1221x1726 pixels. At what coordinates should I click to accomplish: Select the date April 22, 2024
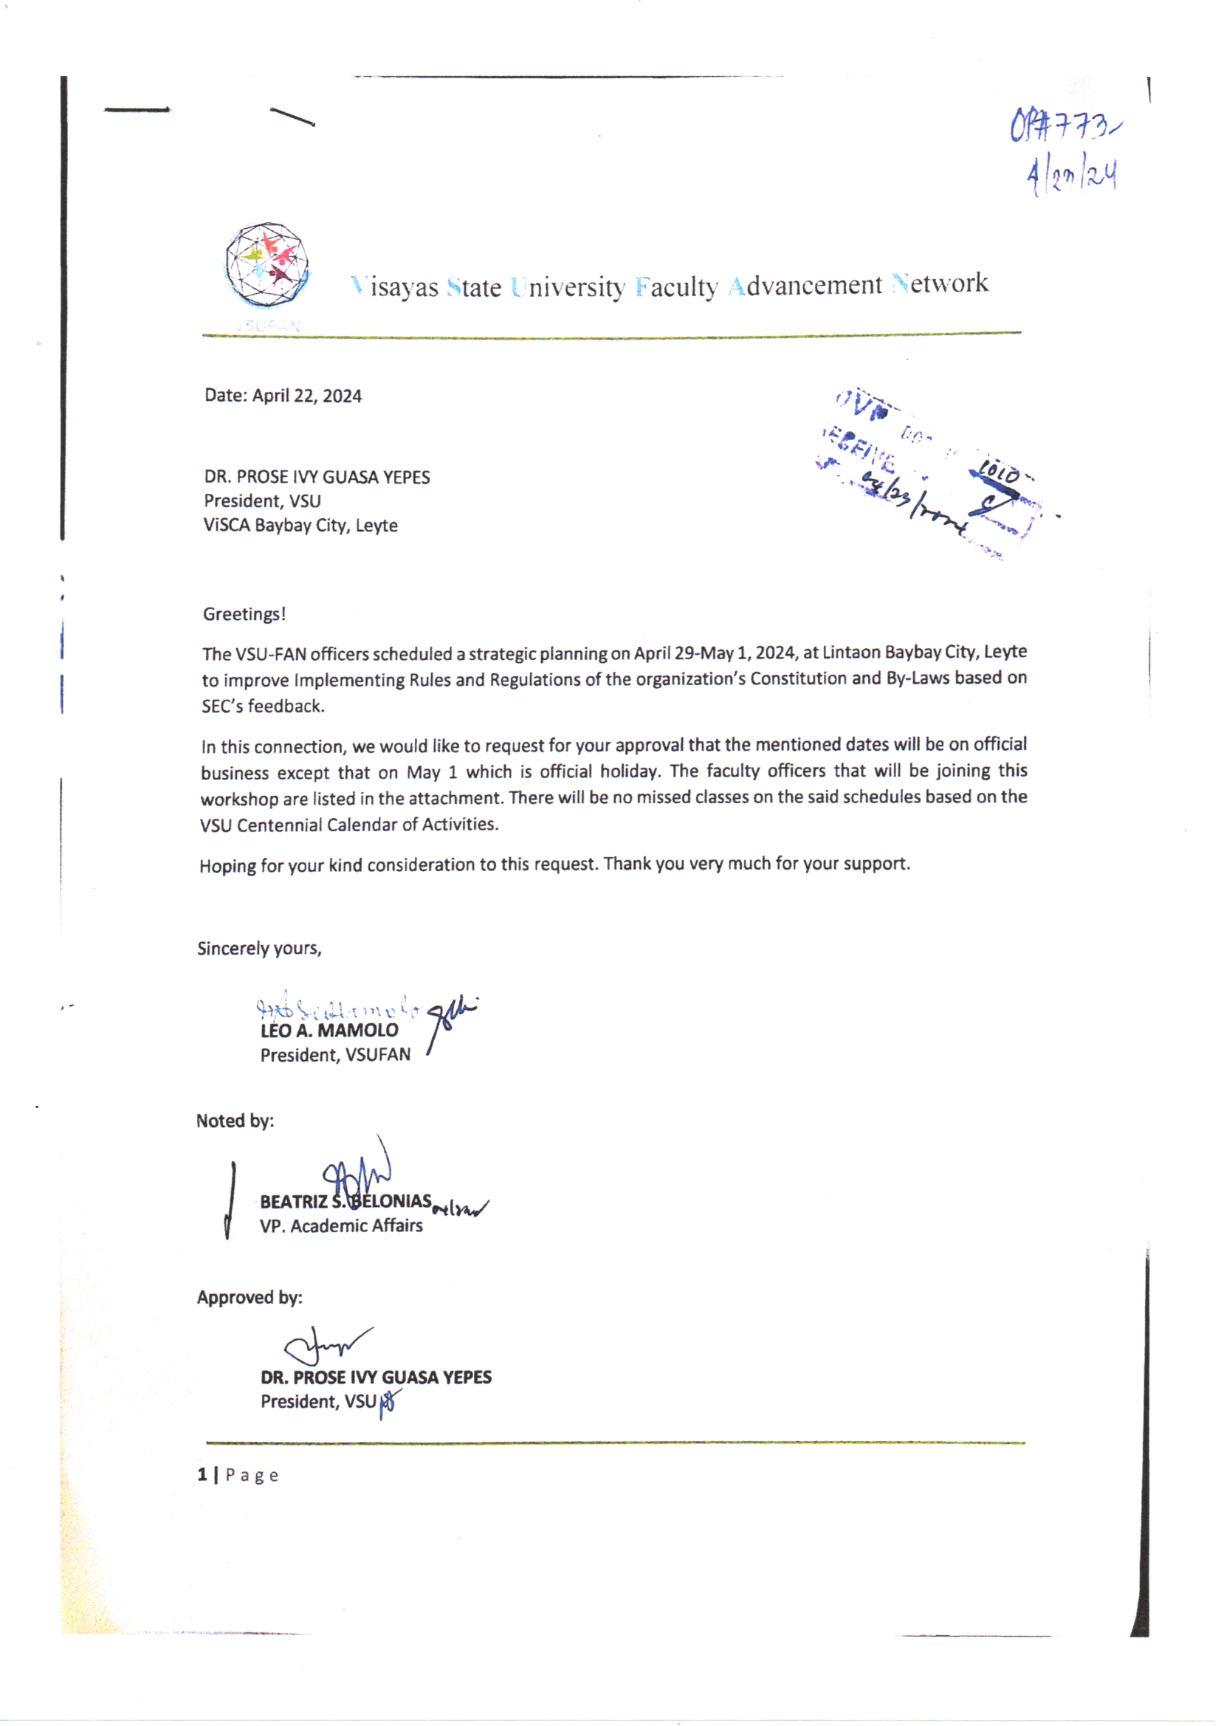pyautogui.click(x=307, y=396)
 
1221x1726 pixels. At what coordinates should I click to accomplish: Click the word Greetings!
pyautogui.click(x=244, y=614)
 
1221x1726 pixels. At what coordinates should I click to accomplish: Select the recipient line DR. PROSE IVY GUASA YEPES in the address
pyautogui.click(x=317, y=478)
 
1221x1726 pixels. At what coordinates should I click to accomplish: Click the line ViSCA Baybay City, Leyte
pyautogui.click(x=300, y=526)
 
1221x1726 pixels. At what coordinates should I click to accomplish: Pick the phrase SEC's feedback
pyautogui.click(x=263, y=706)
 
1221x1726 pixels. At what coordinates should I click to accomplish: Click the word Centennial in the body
pyautogui.click(x=280, y=825)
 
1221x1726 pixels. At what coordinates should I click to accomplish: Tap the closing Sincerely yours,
pyautogui.click(x=259, y=949)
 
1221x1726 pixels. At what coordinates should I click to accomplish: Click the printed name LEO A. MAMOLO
pyautogui.click(x=329, y=1031)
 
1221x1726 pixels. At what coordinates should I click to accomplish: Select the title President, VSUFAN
pyautogui.click(x=335, y=1056)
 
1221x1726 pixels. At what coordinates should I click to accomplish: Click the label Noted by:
pyautogui.click(x=235, y=1121)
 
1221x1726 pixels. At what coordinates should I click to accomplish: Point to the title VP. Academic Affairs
pyautogui.click(x=340, y=1226)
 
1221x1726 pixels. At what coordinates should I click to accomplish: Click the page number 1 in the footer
pyautogui.click(x=202, y=1475)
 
